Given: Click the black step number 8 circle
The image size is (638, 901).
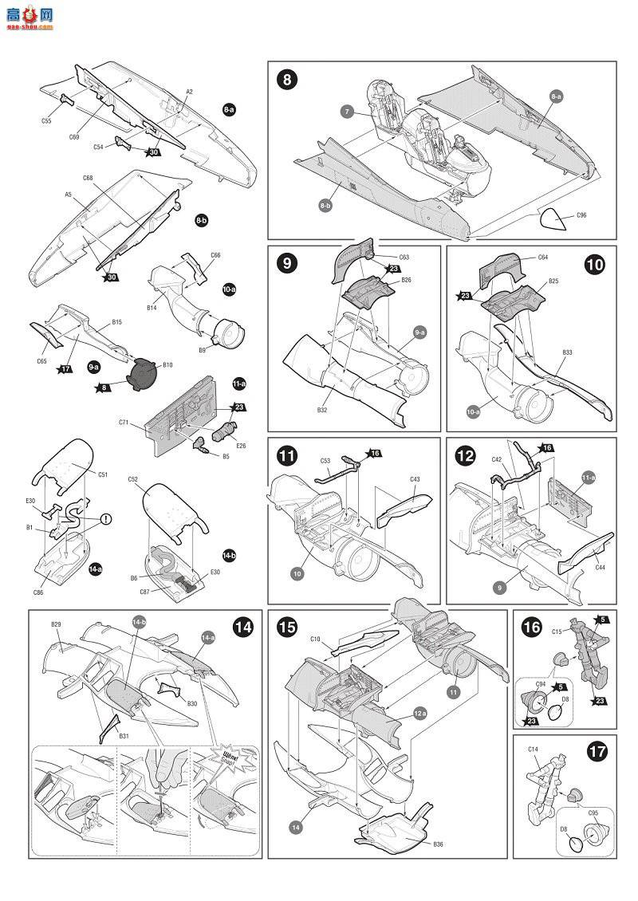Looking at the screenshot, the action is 287,80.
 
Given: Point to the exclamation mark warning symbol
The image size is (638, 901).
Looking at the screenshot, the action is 104,518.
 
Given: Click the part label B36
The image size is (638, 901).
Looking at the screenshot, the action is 439,844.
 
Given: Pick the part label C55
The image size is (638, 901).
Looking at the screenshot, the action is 46,120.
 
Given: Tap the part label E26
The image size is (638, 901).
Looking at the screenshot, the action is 241,446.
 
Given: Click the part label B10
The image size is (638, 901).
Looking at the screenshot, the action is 167,364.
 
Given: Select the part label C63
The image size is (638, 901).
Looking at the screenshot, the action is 404,258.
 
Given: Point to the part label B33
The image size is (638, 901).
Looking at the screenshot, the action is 567,352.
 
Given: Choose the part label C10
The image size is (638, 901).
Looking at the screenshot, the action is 315,639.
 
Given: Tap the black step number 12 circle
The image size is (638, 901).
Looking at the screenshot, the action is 466,455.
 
